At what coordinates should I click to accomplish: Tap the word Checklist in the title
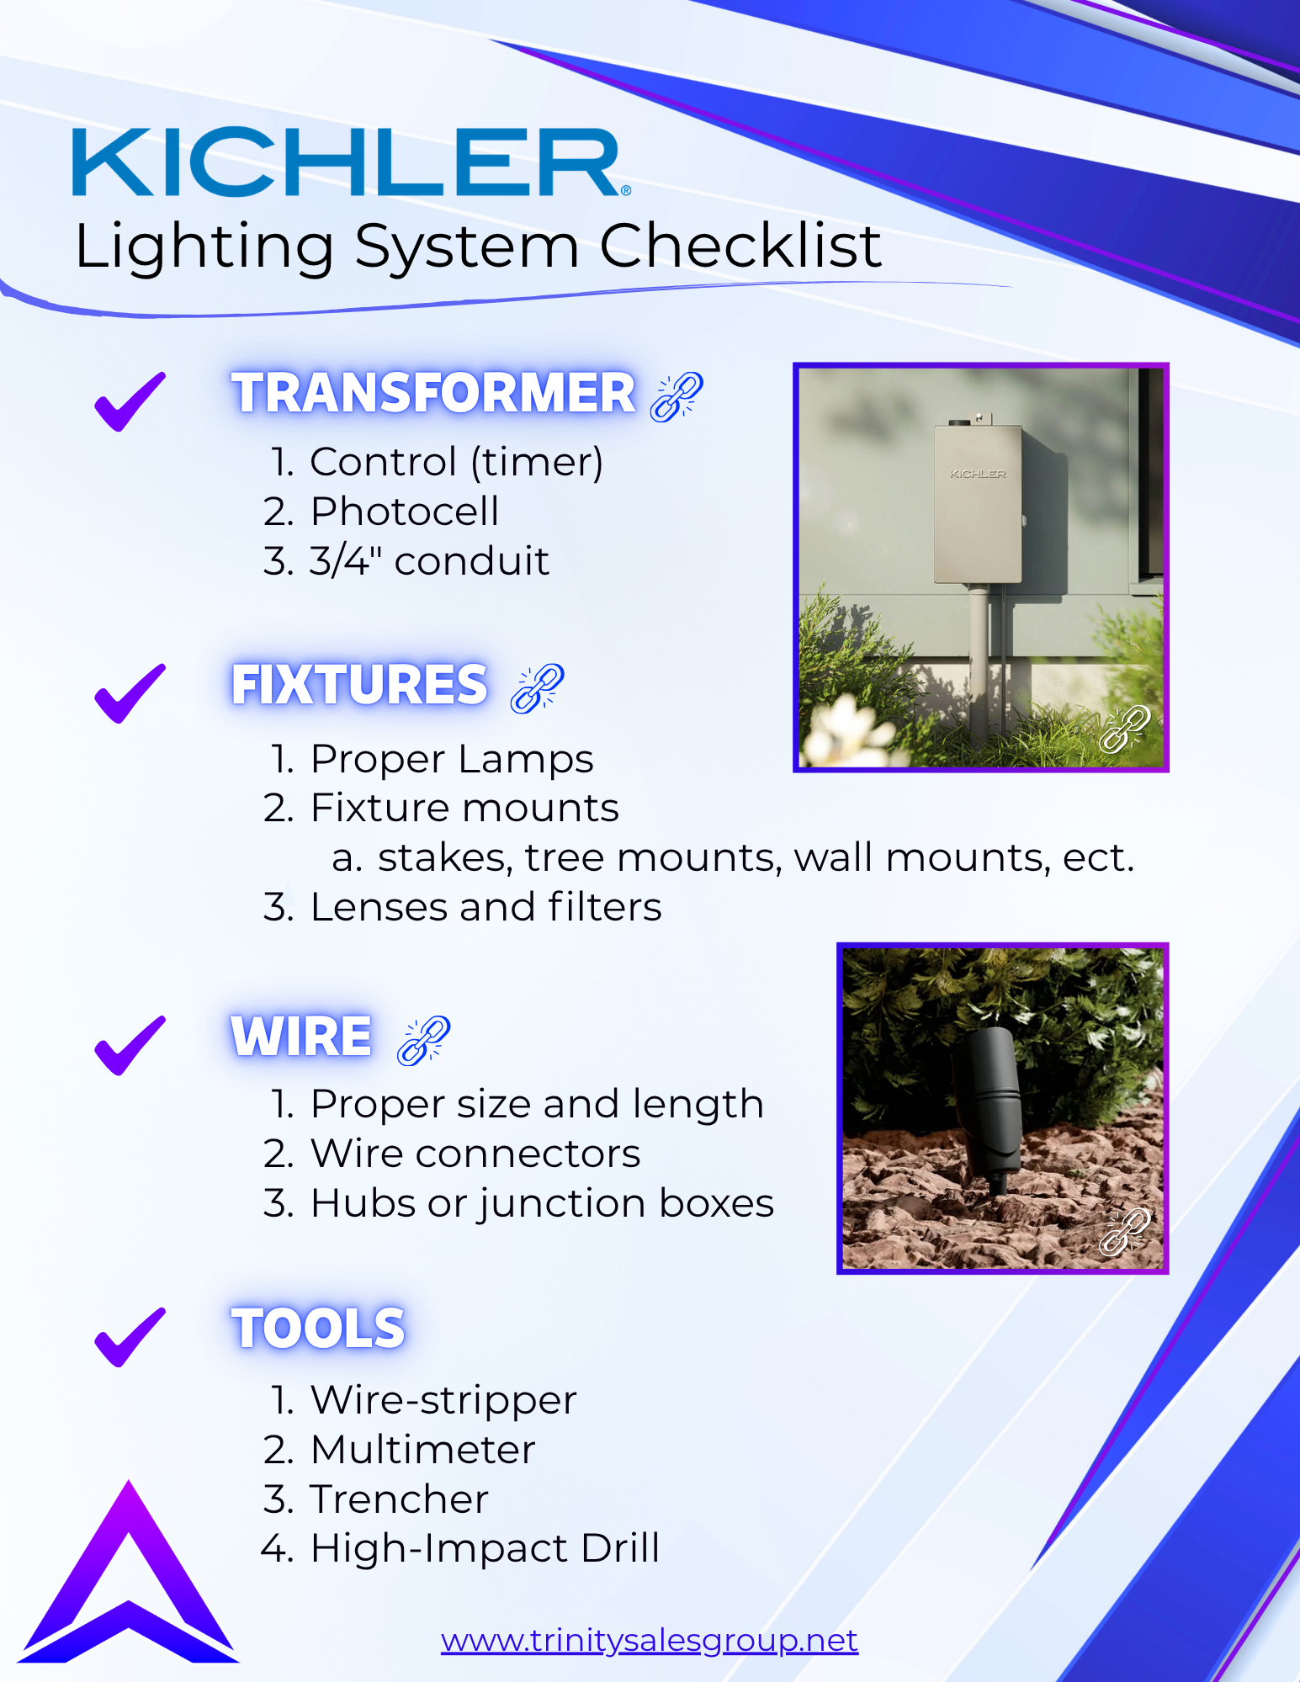tap(740, 247)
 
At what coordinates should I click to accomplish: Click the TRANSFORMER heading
tap(433, 393)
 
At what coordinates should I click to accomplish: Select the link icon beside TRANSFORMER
tap(677, 396)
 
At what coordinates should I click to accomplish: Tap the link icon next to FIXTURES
tap(537, 688)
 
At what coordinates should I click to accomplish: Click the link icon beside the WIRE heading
tap(423, 1040)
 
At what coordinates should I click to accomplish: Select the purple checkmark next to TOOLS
tap(130, 1337)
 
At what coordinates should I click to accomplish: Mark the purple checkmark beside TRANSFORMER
tap(130, 401)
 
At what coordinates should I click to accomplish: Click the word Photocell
tap(404, 512)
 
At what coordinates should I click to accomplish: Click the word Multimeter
tap(422, 1450)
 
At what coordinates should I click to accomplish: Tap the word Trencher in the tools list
tap(399, 1499)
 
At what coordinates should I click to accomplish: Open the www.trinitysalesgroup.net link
tap(649, 1640)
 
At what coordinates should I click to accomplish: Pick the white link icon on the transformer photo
tap(1124, 728)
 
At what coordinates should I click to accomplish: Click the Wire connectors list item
tap(475, 1154)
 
